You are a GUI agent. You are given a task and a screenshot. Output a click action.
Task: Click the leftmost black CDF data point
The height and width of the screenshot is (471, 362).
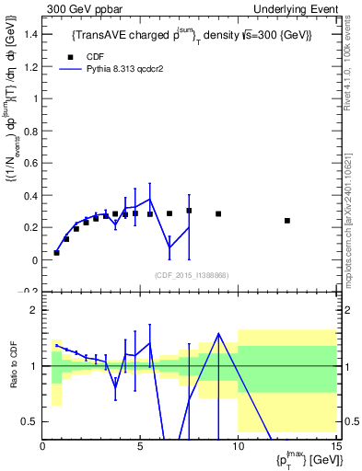[56, 252]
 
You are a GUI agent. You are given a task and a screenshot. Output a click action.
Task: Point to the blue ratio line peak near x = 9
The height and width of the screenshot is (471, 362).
[218, 333]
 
